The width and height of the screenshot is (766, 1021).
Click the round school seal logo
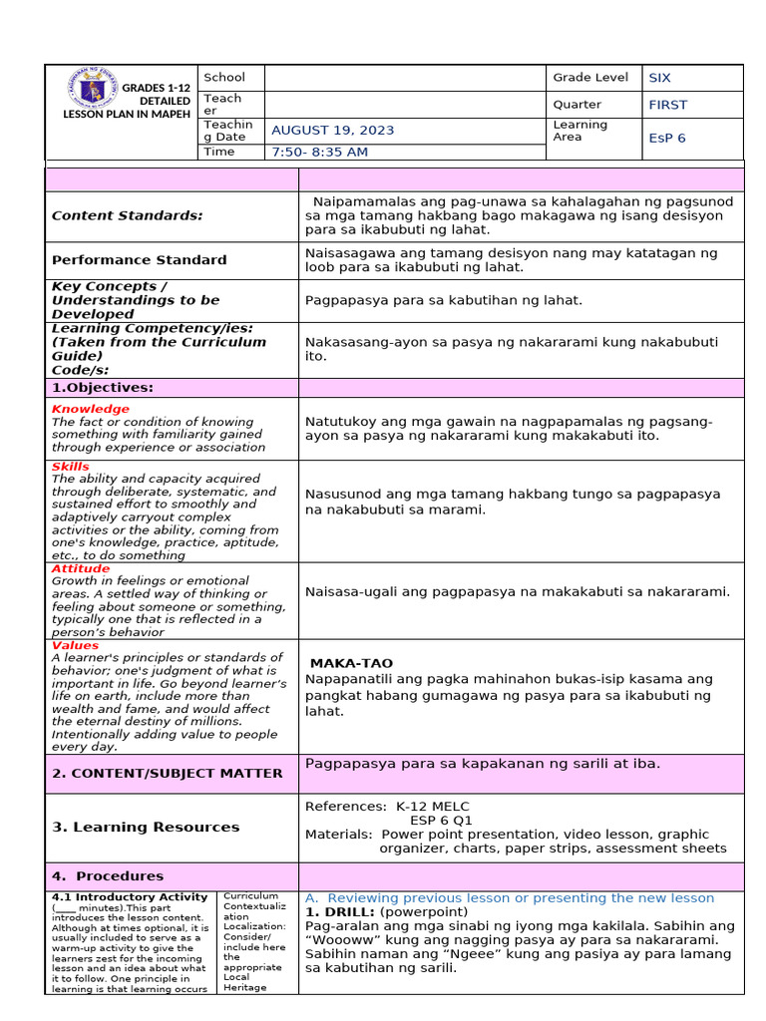91,91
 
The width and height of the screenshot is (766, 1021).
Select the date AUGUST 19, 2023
332,131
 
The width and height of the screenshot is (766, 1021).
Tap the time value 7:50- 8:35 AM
319,153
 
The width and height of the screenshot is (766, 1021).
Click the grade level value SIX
659,78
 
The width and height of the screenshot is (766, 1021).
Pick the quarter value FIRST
667,105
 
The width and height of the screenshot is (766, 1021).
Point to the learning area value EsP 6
666,139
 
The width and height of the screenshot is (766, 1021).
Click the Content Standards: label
127,215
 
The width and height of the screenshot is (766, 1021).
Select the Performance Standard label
139,260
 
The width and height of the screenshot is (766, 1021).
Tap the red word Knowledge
90,409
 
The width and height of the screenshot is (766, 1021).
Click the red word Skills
70,467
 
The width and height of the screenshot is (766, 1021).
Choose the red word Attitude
80,568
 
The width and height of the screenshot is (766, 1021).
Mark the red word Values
75,645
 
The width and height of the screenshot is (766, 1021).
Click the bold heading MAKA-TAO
351,663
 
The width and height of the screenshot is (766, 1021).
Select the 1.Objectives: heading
103,388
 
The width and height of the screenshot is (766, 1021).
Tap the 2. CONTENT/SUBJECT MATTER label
167,773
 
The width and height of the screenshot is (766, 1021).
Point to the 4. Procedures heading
108,876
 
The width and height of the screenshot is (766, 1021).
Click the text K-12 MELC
433,807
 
